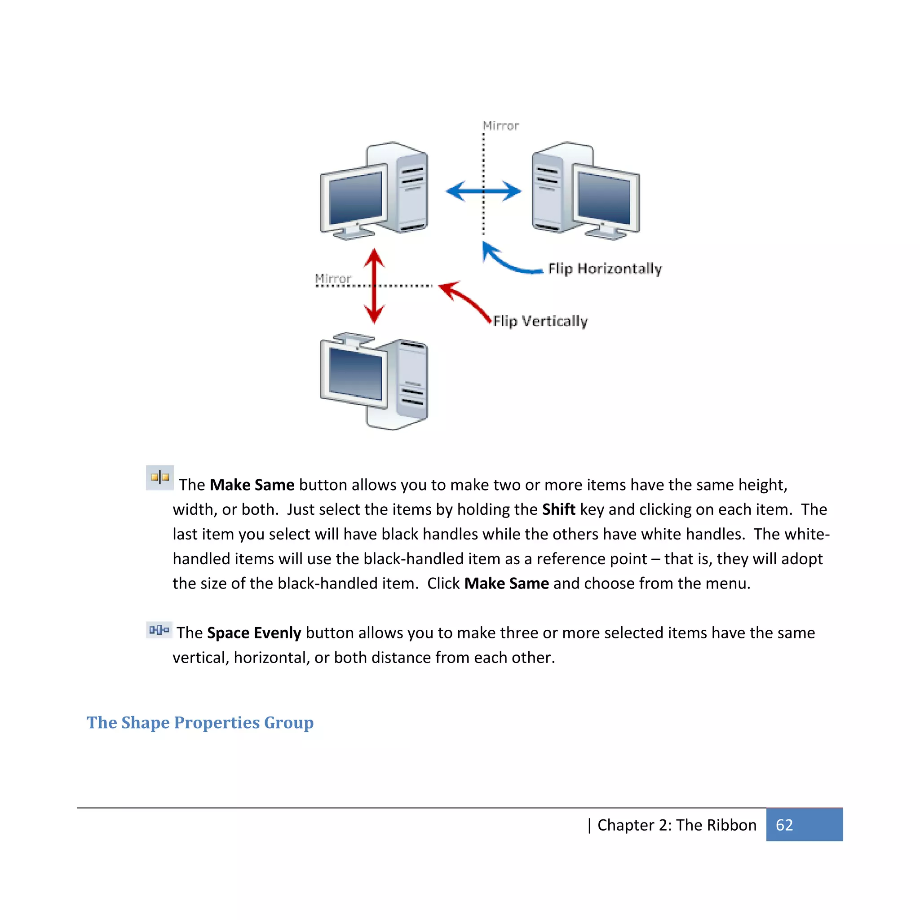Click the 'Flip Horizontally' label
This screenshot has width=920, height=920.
click(x=605, y=269)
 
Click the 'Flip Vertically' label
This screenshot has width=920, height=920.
click(x=540, y=322)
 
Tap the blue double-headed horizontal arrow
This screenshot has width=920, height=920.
click(x=483, y=191)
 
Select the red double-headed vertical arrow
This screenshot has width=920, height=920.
click(x=374, y=286)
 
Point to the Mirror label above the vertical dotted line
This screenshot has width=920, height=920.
click(x=500, y=126)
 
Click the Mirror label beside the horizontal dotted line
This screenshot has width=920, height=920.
click(x=333, y=278)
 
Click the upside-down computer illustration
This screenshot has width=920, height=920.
click(x=374, y=381)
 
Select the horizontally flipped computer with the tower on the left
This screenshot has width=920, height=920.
click(x=586, y=190)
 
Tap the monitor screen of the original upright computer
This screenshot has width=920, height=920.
click(x=356, y=198)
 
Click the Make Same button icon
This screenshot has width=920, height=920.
click(x=160, y=478)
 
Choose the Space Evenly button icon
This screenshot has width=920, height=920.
click(x=159, y=630)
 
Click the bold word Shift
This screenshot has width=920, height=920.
click(x=558, y=509)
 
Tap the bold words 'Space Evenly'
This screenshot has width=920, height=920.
click(x=254, y=633)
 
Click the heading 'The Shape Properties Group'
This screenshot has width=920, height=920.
click(x=200, y=722)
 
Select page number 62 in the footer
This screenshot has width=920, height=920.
click(x=784, y=825)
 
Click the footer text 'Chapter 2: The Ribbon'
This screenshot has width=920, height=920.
click(x=677, y=825)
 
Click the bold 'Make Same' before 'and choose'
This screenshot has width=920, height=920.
click(x=506, y=584)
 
